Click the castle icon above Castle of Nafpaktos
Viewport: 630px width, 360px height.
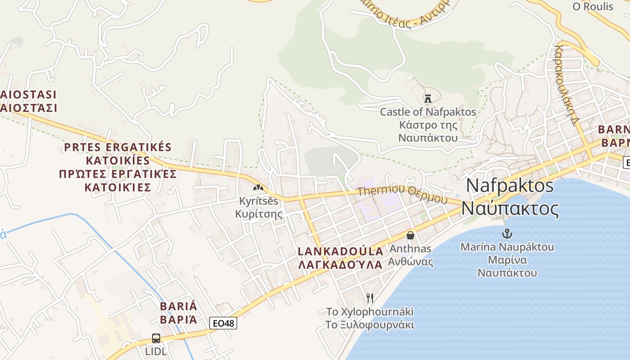click(428, 98)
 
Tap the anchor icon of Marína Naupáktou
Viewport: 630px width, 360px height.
click(507, 234)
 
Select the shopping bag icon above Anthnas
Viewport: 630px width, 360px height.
click(410, 235)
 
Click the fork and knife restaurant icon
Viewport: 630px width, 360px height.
click(370, 298)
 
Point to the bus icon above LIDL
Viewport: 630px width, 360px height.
click(156, 338)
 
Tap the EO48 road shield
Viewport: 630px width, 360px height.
click(223, 323)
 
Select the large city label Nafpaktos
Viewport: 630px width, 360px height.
click(510, 185)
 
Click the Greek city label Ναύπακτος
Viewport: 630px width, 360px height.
click(510, 209)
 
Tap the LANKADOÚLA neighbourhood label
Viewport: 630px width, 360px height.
click(341, 251)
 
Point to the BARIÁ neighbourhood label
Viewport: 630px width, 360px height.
click(179, 306)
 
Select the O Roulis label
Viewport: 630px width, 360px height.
click(593, 6)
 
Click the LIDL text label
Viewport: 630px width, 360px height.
click(156, 351)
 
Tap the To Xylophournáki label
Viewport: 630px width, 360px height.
click(370, 311)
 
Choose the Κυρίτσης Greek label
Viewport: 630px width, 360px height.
click(259, 214)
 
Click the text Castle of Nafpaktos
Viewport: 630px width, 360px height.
click(428, 112)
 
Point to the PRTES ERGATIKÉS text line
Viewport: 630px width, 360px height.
click(118, 147)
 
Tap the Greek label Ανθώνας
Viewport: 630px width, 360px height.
click(410, 262)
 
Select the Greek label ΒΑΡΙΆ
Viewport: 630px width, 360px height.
click(179, 320)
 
